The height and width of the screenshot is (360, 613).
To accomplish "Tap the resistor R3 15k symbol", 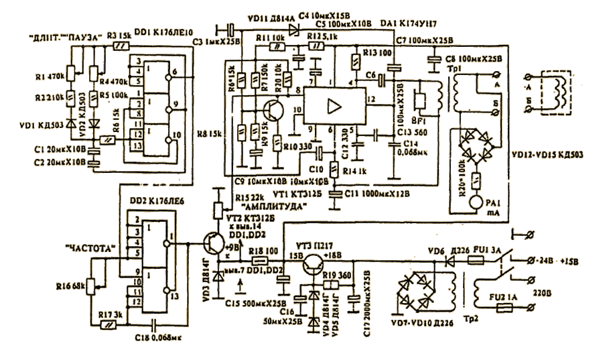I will tap(121, 46).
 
